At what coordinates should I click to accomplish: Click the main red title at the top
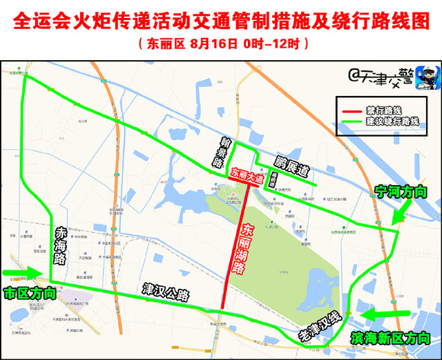tap(221, 21)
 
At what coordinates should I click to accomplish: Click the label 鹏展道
tap(291, 166)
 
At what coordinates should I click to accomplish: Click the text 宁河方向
tap(401, 191)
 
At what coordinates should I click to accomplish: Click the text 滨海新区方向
tap(390, 339)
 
